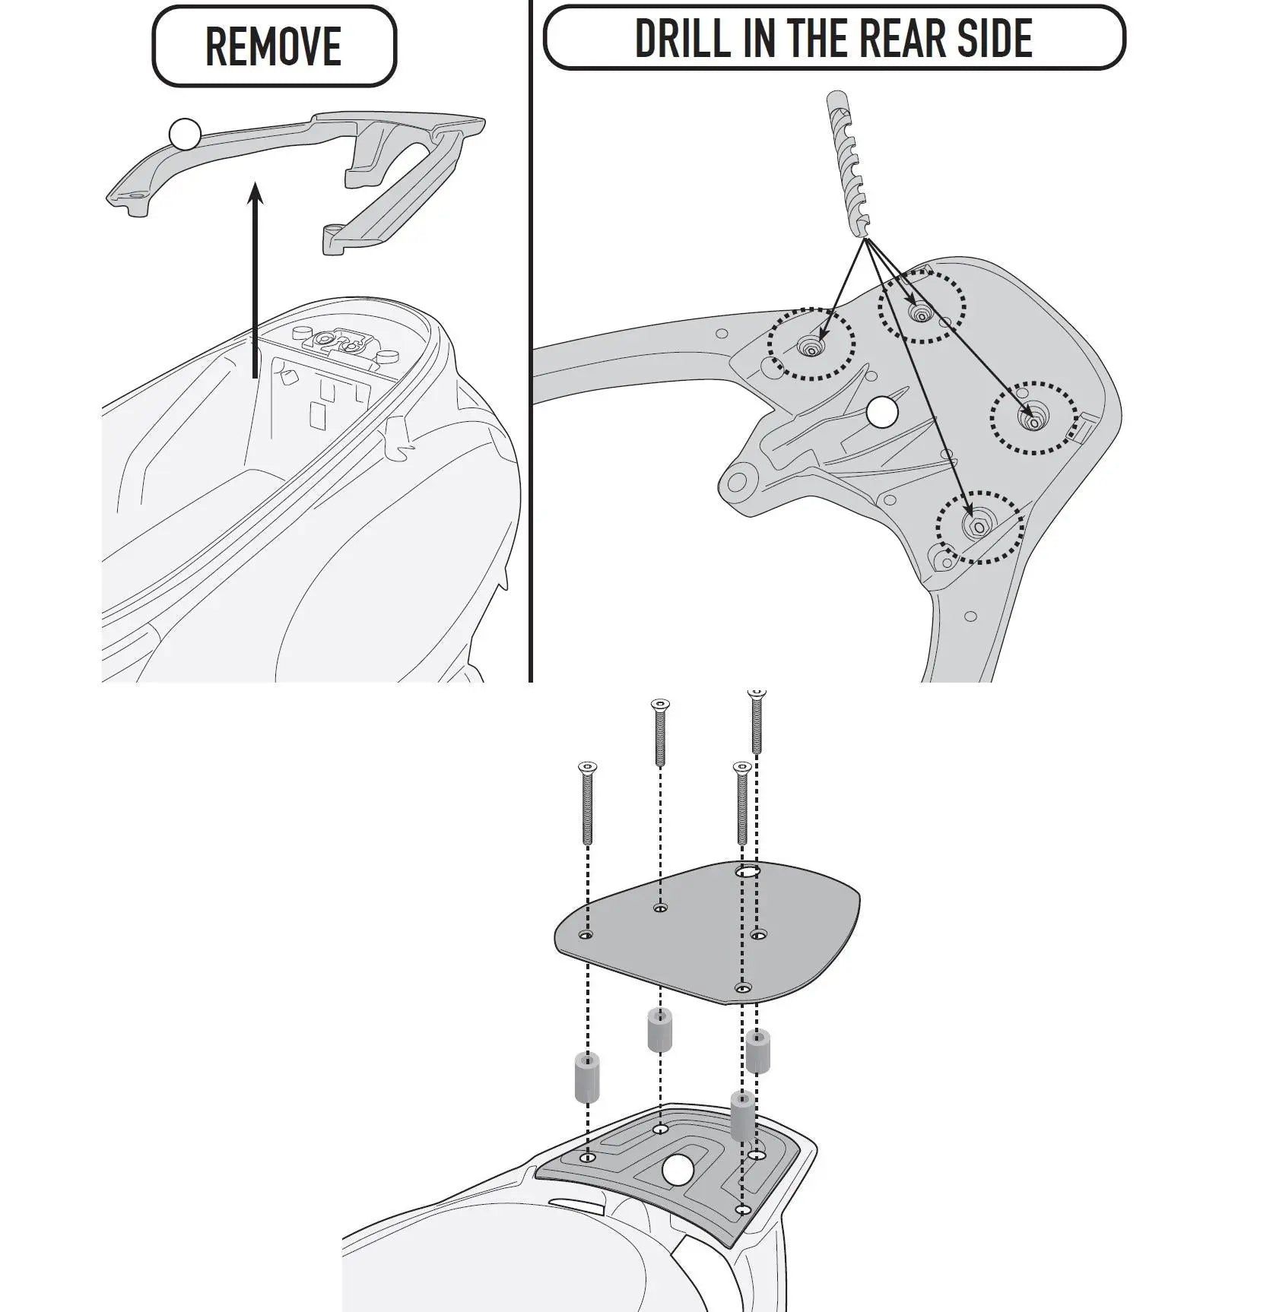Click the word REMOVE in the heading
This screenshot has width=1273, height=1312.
[x=274, y=46]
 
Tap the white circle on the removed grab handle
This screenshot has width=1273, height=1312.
[x=185, y=135]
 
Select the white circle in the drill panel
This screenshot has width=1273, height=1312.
[x=882, y=412]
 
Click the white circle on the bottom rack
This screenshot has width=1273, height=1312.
[x=678, y=1191]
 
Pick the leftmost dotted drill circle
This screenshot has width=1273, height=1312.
[x=811, y=344]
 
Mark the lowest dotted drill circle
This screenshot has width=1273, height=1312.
[x=979, y=527]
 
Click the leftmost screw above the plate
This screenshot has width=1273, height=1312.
[x=588, y=803]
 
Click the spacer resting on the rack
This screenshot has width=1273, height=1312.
[x=743, y=1115]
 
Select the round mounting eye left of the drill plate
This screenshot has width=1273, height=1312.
[x=738, y=482]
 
